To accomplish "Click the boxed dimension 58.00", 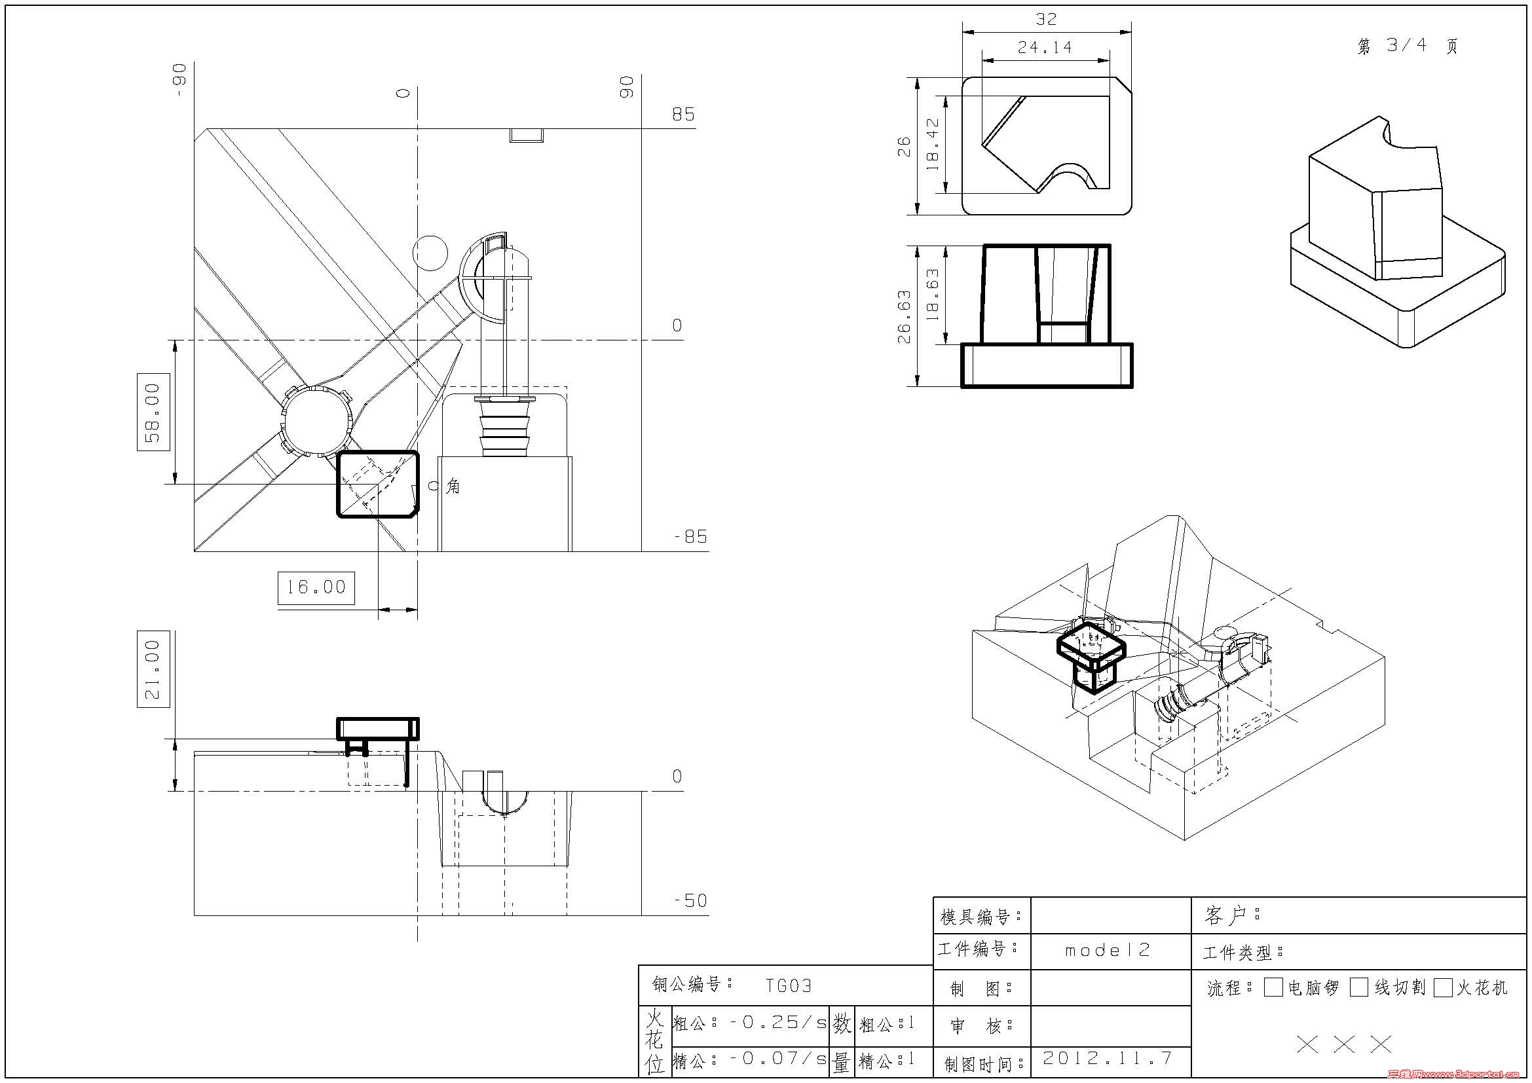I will [153, 412].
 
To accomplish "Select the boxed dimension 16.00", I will [316, 587].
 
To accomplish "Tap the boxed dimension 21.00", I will [153, 669].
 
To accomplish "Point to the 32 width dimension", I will [1046, 20].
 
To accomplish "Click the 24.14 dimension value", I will [1045, 47].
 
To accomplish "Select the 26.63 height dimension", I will [904, 317].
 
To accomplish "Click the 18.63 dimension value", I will [933, 295].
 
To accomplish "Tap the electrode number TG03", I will [789, 985].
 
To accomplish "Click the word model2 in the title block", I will [1108, 949].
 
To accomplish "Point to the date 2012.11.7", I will [1108, 1057].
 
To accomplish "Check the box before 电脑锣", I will [1273, 987].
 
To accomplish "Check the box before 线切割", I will [1359, 987].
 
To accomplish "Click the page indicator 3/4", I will [1406, 45].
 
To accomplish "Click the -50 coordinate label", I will [690, 900].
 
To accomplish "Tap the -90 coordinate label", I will [179, 81].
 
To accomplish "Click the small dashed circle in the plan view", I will [430, 253].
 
